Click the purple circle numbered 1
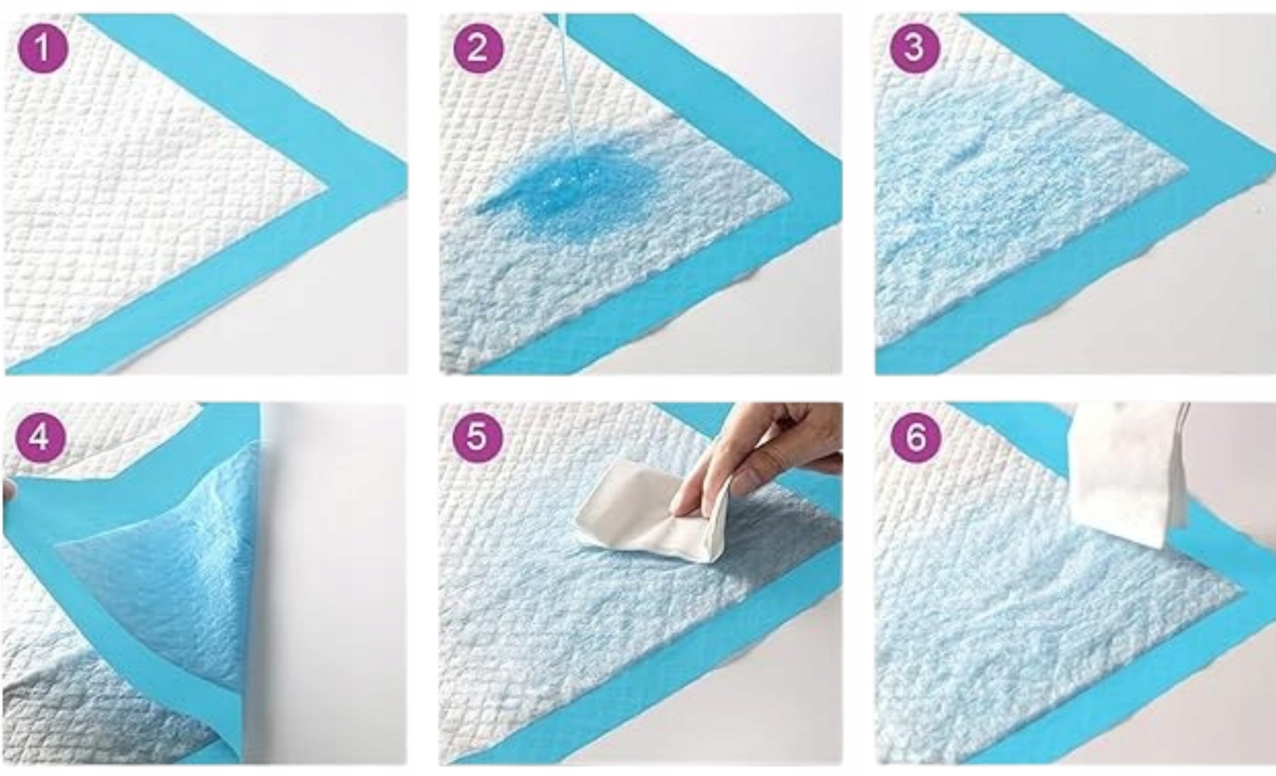click(43, 48)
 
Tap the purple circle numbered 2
click(478, 48)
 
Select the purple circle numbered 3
click(915, 48)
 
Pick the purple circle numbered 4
click(41, 438)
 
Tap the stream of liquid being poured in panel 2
click(570, 83)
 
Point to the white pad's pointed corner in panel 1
click(326, 188)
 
